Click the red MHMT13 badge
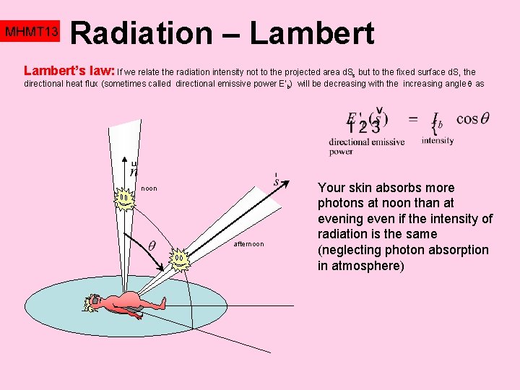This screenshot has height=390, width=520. point(30,32)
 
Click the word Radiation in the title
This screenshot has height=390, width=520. point(139,32)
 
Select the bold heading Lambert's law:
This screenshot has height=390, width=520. point(69,71)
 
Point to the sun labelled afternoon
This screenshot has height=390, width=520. point(178,259)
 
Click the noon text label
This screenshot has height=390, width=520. point(149,188)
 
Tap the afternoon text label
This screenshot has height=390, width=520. point(248,244)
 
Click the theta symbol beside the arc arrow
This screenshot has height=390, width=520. point(152,245)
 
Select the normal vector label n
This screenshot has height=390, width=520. point(134,170)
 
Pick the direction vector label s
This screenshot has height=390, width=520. point(276,181)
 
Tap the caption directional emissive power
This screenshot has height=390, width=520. point(366,147)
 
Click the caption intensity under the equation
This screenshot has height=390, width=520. point(438,141)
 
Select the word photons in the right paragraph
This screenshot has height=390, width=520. point(343,203)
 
